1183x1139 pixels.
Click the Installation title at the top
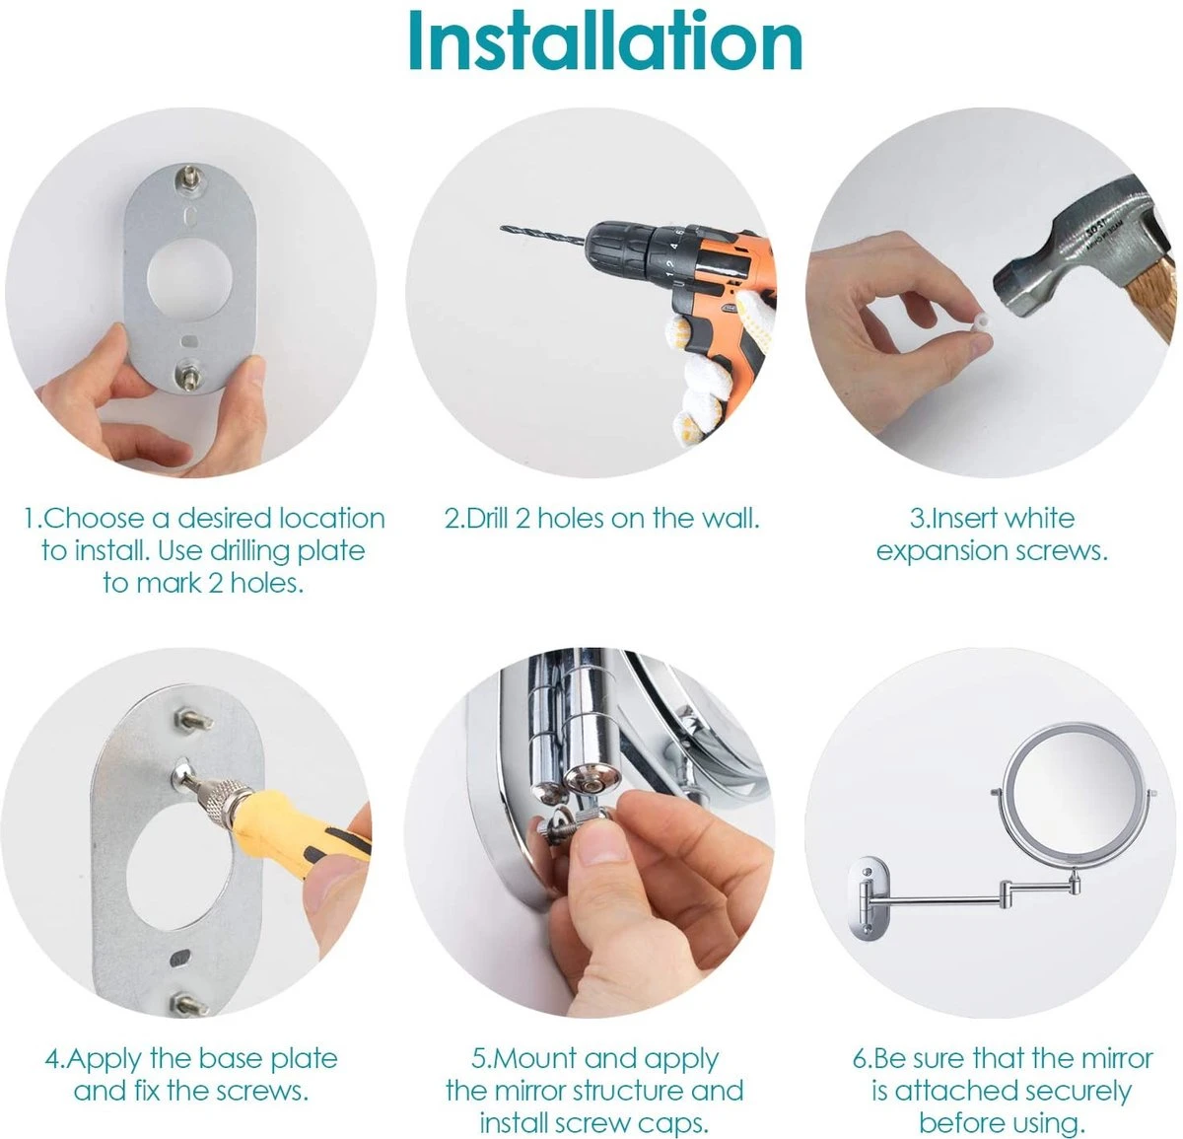(604, 41)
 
